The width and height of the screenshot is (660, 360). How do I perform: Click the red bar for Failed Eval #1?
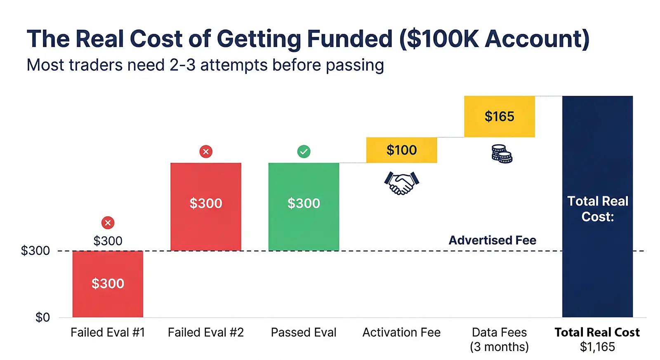(x=108, y=284)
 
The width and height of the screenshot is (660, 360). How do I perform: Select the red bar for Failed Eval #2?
(x=205, y=206)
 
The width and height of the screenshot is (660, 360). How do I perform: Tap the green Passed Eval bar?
(x=304, y=206)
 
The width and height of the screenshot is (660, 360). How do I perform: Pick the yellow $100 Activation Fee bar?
(x=401, y=150)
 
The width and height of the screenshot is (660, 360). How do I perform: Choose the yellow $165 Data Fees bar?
(x=499, y=116)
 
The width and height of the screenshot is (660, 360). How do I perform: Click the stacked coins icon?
(x=502, y=154)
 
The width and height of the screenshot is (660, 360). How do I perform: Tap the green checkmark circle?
(x=304, y=152)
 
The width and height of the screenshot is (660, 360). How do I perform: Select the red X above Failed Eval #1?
(x=108, y=223)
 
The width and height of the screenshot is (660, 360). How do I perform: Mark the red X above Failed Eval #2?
(x=205, y=152)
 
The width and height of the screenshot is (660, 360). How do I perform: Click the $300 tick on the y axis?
(x=35, y=251)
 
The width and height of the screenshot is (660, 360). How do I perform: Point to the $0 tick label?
(x=42, y=317)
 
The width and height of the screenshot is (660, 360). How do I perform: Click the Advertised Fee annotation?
(x=492, y=240)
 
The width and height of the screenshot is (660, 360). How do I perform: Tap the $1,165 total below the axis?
(x=597, y=347)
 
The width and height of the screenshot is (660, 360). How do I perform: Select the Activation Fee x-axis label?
(x=401, y=332)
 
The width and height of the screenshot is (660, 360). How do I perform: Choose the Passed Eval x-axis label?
(x=304, y=332)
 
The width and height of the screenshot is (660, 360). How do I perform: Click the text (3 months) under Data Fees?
(x=499, y=347)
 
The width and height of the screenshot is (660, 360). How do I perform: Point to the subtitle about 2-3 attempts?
(x=205, y=65)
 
